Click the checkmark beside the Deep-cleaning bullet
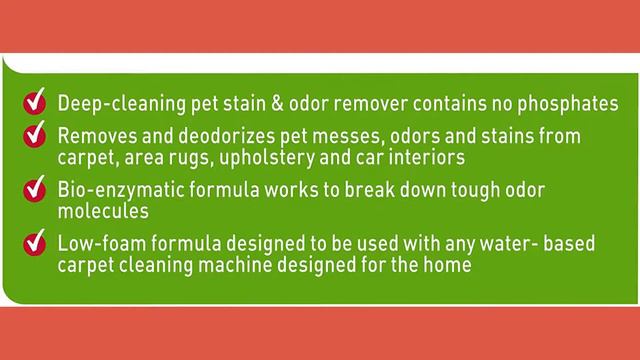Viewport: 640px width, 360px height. [x=36, y=102]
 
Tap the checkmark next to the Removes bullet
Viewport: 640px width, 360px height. [x=36, y=134]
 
